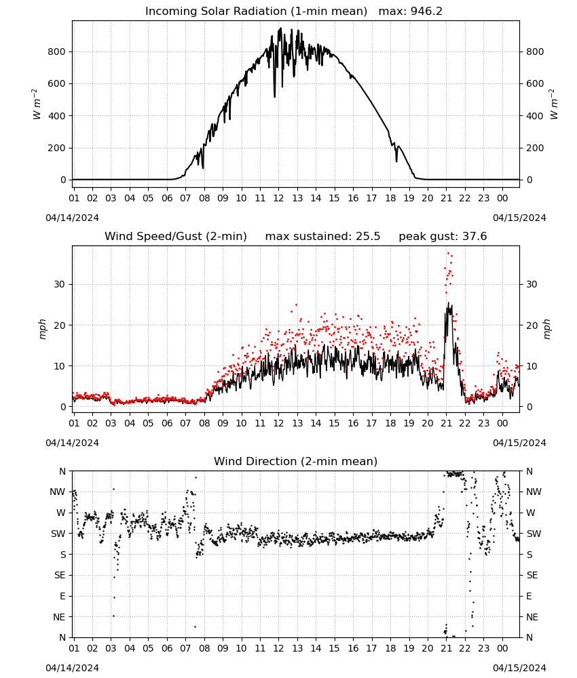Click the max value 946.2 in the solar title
click(426, 12)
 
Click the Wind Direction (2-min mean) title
click(296, 461)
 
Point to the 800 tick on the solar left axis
click(57, 52)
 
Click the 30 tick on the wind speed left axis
click(60, 285)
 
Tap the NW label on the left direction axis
click(58, 492)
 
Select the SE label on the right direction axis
click(532, 576)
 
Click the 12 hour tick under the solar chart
click(278, 198)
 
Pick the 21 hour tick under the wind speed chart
click(446, 423)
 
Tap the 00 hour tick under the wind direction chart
click(502, 648)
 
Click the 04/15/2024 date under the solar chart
click(519, 218)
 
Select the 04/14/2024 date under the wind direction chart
click(72, 668)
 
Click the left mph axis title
click(42, 329)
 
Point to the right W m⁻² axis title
click(554, 104)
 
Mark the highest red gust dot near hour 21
click(449, 253)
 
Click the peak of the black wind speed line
click(449, 302)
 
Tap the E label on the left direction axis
click(62, 596)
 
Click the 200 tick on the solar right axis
click(535, 148)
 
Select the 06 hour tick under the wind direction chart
click(167, 648)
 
